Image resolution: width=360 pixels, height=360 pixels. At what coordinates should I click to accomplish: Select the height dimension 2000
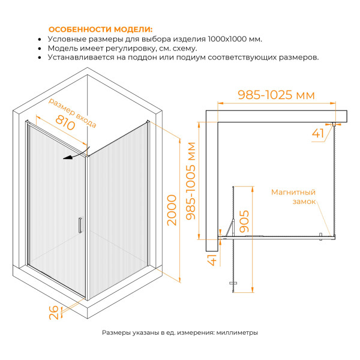click(172, 210)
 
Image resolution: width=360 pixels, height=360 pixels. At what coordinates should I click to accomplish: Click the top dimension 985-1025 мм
click(276, 95)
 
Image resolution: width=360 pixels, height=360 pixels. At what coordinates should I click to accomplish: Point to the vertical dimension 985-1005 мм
click(191, 182)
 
